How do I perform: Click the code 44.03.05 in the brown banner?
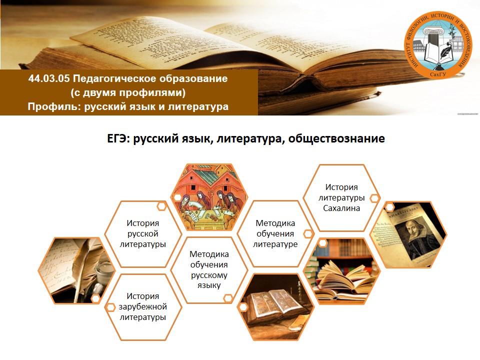[49, 78]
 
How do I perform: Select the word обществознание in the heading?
[336, 138]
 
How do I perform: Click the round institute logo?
[438, 45]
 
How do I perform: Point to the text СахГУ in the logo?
[438, 74]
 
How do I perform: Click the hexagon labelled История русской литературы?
[142, 234]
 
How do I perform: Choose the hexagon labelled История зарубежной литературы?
[142, 306]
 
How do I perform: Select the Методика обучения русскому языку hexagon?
[209, 269]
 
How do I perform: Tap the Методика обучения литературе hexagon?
[275, 234]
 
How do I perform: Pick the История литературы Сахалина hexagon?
[341, 198]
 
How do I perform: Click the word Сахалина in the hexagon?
[341, 208]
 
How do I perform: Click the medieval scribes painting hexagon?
[209, 197]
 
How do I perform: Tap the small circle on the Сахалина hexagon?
[374, 198]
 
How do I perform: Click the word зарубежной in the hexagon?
[142, 306]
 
